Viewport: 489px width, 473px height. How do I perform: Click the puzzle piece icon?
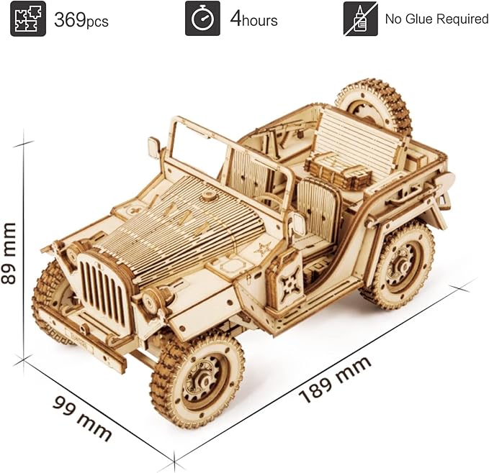coord(28,19)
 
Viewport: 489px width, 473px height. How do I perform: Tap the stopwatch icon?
coord(202,19)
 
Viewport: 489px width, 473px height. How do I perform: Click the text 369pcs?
coord(81,20)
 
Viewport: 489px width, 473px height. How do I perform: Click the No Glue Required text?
coord(436,19)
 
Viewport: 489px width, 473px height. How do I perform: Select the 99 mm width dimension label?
coord(82,417)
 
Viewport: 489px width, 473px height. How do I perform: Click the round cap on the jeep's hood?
coord(208,195)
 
